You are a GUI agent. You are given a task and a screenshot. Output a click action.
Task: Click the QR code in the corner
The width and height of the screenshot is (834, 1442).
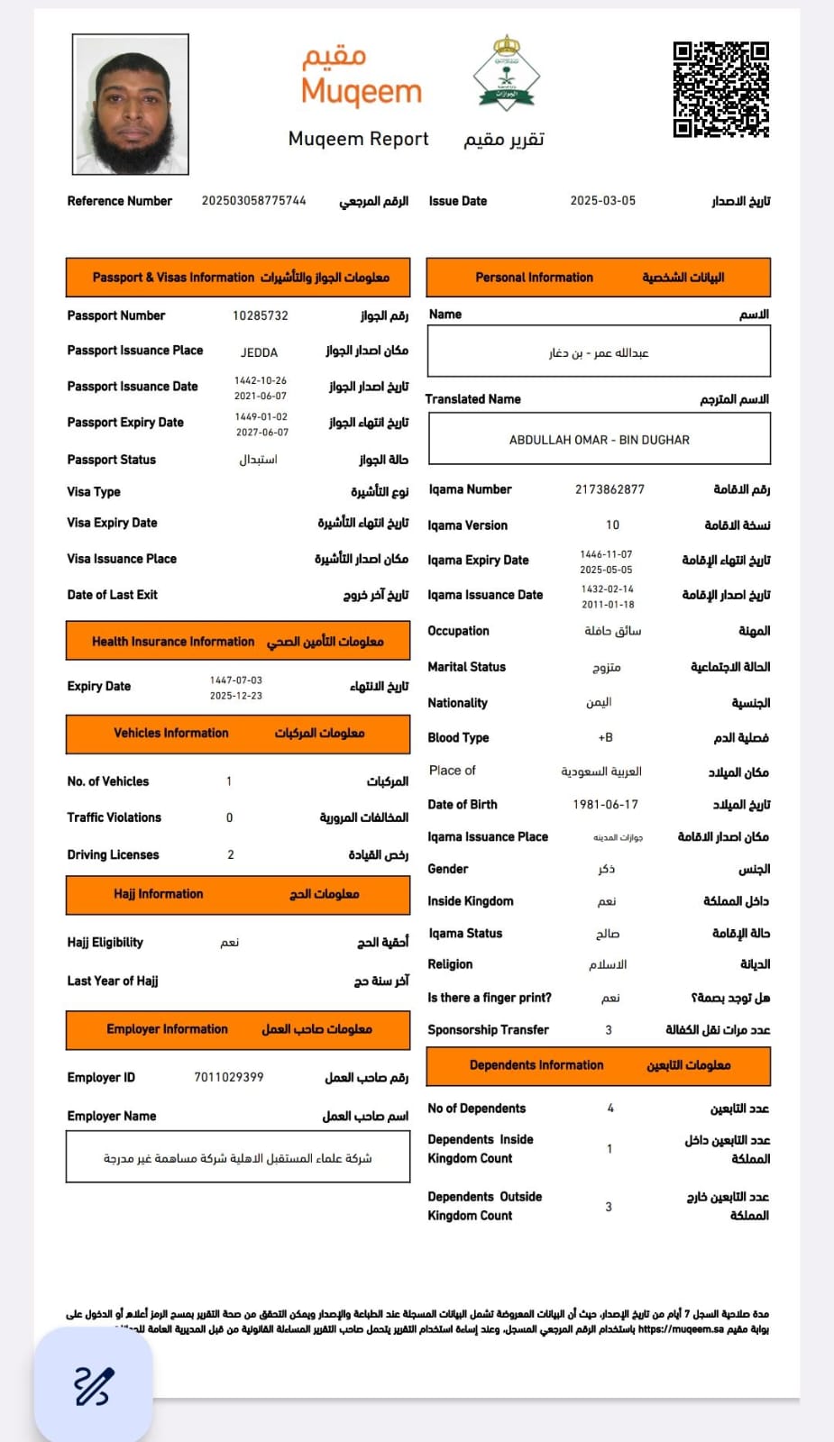[x=720, y=89]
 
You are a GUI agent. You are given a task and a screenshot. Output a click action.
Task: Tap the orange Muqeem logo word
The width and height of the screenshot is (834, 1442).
[x=361, y=92]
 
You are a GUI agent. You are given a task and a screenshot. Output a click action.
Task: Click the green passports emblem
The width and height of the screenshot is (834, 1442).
[x=506, y=73]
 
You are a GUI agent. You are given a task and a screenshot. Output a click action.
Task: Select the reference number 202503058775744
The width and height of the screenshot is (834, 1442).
[x=253, y=201]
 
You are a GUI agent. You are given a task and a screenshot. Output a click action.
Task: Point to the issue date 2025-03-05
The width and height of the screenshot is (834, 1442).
[x=602, y=201]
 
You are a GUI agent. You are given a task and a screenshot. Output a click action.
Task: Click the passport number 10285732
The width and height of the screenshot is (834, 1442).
[x=261, y=316]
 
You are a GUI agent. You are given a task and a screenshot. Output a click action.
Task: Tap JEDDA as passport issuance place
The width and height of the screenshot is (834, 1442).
[x=259, y=352]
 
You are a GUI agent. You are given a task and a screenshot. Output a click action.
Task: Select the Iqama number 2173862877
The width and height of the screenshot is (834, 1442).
[x=609, y=489]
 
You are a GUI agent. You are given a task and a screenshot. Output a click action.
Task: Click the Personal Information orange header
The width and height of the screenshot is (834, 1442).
[x=599, y=278]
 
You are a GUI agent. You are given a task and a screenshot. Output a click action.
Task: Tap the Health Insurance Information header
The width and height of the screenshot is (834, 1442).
[x=238, y=642]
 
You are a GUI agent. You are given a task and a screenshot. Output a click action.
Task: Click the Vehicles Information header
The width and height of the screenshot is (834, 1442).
[x=238, y=734]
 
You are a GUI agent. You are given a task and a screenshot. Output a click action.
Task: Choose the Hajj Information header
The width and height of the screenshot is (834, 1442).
[x=238, y=894]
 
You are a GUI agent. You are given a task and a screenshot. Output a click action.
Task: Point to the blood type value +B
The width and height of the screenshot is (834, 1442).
[x=605, y=737]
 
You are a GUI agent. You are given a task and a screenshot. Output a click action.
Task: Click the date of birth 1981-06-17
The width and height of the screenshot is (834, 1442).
[x=605, y=805]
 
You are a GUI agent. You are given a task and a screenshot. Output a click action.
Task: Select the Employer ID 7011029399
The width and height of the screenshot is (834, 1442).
[x=229, y=1077]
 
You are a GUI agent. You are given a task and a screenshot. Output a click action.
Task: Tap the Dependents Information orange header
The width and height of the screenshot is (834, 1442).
[x=599, y=1065]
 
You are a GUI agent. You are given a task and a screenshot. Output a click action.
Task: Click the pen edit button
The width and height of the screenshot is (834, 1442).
[x=93, y=1385]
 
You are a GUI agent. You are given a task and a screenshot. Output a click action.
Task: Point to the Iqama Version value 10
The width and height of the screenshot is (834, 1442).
[x=612, y=525]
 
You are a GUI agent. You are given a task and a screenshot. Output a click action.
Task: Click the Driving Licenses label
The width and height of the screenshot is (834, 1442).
[x=113, y=854]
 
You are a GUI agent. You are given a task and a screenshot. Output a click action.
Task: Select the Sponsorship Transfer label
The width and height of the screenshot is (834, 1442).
[x=488, y=1029]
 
